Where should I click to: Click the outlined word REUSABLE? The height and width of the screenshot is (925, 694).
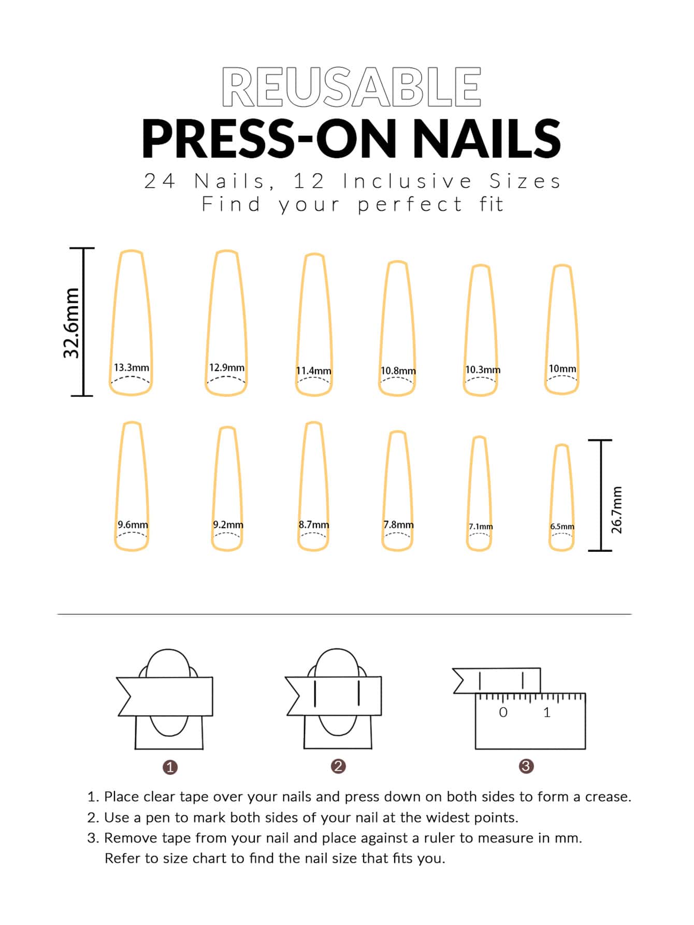(352, 87)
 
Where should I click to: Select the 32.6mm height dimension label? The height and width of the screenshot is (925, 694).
(71, 323)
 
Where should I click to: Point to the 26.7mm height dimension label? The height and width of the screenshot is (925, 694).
(617, 509)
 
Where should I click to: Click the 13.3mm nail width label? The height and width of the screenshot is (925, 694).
(132, 367)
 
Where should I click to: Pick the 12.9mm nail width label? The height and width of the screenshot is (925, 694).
(227, 367)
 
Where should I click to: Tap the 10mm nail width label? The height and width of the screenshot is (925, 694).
(562, 368)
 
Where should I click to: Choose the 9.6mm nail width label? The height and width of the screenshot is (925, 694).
(133, 524)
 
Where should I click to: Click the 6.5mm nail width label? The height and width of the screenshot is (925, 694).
(562, 526)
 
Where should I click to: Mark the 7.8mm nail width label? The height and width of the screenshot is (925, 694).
(398, 524)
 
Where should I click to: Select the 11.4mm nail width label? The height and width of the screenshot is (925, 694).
(313, 371)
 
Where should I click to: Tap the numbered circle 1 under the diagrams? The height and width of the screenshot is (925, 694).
(170, 767)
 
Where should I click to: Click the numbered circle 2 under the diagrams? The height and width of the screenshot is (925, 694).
(338, 766)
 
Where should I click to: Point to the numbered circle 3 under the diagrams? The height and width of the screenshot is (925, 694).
(526, 766)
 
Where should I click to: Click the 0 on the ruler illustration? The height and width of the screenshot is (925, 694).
(503, 713)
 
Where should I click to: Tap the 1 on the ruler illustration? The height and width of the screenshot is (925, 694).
(547, 713)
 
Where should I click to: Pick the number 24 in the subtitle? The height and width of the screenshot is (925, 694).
(160, 181)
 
